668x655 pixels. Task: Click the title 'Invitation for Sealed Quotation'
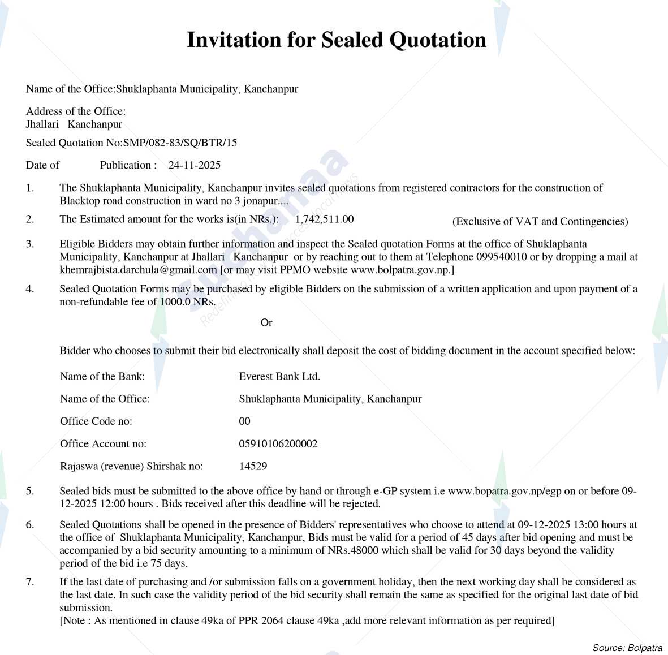pos(337,40)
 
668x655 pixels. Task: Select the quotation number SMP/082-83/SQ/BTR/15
pos(180,143)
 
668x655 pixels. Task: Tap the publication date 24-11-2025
pos(194,165)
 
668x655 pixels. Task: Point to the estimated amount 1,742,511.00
pos(324,219)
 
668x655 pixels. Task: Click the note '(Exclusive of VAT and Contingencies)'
pos(540,221)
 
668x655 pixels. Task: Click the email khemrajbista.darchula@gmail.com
pos(139,270)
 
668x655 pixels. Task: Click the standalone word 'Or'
pos(266,322)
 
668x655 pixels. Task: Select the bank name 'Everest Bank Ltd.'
pos(279,376)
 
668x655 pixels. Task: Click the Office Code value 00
pos(244,421)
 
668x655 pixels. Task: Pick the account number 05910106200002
pos(278,443)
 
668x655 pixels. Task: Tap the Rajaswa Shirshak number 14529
pos(253,466)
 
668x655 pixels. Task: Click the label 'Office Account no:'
pos(103,443)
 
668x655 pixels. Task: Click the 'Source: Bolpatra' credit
pos(627,648)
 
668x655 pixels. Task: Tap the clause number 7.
pos(29,581)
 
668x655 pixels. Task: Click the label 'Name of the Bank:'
pos(102,376)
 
